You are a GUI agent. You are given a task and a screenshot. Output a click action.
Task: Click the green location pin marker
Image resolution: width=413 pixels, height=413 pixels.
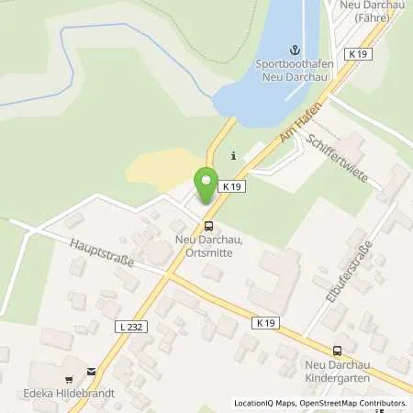(206, 182)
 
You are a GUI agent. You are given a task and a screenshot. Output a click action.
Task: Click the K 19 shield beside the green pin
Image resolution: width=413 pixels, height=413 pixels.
(233, 186)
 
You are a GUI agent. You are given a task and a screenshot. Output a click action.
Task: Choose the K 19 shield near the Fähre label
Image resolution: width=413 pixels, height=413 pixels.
(358, 57)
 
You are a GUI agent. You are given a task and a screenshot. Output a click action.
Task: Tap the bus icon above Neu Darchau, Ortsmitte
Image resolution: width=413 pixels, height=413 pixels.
(209, 225)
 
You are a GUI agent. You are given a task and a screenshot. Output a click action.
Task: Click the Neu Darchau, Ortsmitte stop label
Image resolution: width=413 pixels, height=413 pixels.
(209, 246)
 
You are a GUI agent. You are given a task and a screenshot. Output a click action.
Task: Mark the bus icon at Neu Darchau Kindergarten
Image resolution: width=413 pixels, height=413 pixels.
(337, 350)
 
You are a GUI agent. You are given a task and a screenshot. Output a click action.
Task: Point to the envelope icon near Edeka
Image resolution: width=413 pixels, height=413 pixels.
(90, 372)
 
